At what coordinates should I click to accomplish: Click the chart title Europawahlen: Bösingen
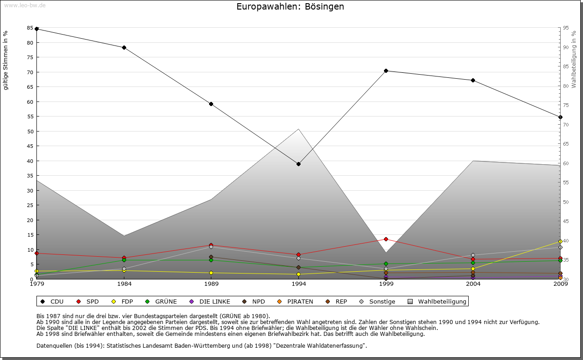click(x=290, y=7)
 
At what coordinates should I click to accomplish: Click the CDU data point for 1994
click(x=298, y=164)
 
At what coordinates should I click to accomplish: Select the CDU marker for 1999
click(x=386, y=71)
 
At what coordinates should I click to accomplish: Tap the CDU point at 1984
click(x=124, y=47)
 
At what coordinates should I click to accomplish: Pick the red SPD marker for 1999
click(x=386, y=239)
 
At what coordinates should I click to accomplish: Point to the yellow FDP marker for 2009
click(x=560, y=241)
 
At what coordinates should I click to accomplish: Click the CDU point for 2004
click(x=473, y=80)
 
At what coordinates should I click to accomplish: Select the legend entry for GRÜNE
click(x=162, y=301)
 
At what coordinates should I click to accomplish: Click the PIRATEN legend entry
click(x=296, y=301)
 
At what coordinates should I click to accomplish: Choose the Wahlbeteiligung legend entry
click(x=438, y=301)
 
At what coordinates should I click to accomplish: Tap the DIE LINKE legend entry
click(x=210, y=301)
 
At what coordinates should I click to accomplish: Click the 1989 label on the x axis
click(x=211, y=284)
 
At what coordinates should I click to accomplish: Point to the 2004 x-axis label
click(x=473, y=284)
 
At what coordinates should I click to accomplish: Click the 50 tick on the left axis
click(x=30, y=132)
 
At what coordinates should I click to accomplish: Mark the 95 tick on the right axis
click(x=566, y=28)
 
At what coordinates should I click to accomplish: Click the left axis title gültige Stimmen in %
click(x=6, y=60)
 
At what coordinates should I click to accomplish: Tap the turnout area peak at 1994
click(x=298, y=129)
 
